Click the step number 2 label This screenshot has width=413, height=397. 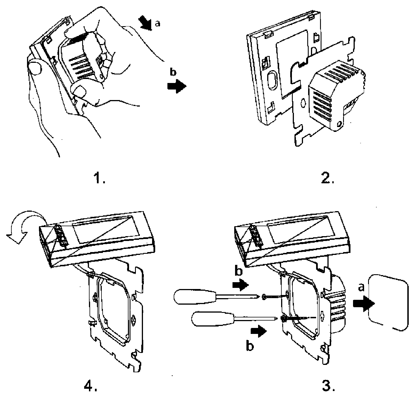coord(329,179)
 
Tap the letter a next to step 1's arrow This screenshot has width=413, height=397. coord(157,24)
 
